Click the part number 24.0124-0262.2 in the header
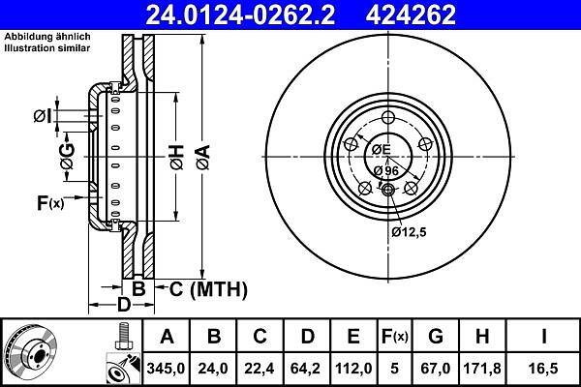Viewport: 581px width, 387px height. (x=240, y=15)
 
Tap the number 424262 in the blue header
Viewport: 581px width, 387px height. (x=411, y=15)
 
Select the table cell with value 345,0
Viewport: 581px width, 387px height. (x=166, y=369)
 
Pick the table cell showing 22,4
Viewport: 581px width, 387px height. (x=260, y=369)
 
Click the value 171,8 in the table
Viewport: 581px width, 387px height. (x=482, y=369)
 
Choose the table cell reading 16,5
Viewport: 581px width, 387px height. (x=544, y=369)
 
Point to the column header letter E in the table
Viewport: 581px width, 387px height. (x=353, y=337)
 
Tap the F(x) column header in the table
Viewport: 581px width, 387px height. (x=395, y=337)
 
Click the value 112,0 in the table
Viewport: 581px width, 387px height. (x=353, y=369)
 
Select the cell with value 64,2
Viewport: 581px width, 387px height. (x=307, y=369)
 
